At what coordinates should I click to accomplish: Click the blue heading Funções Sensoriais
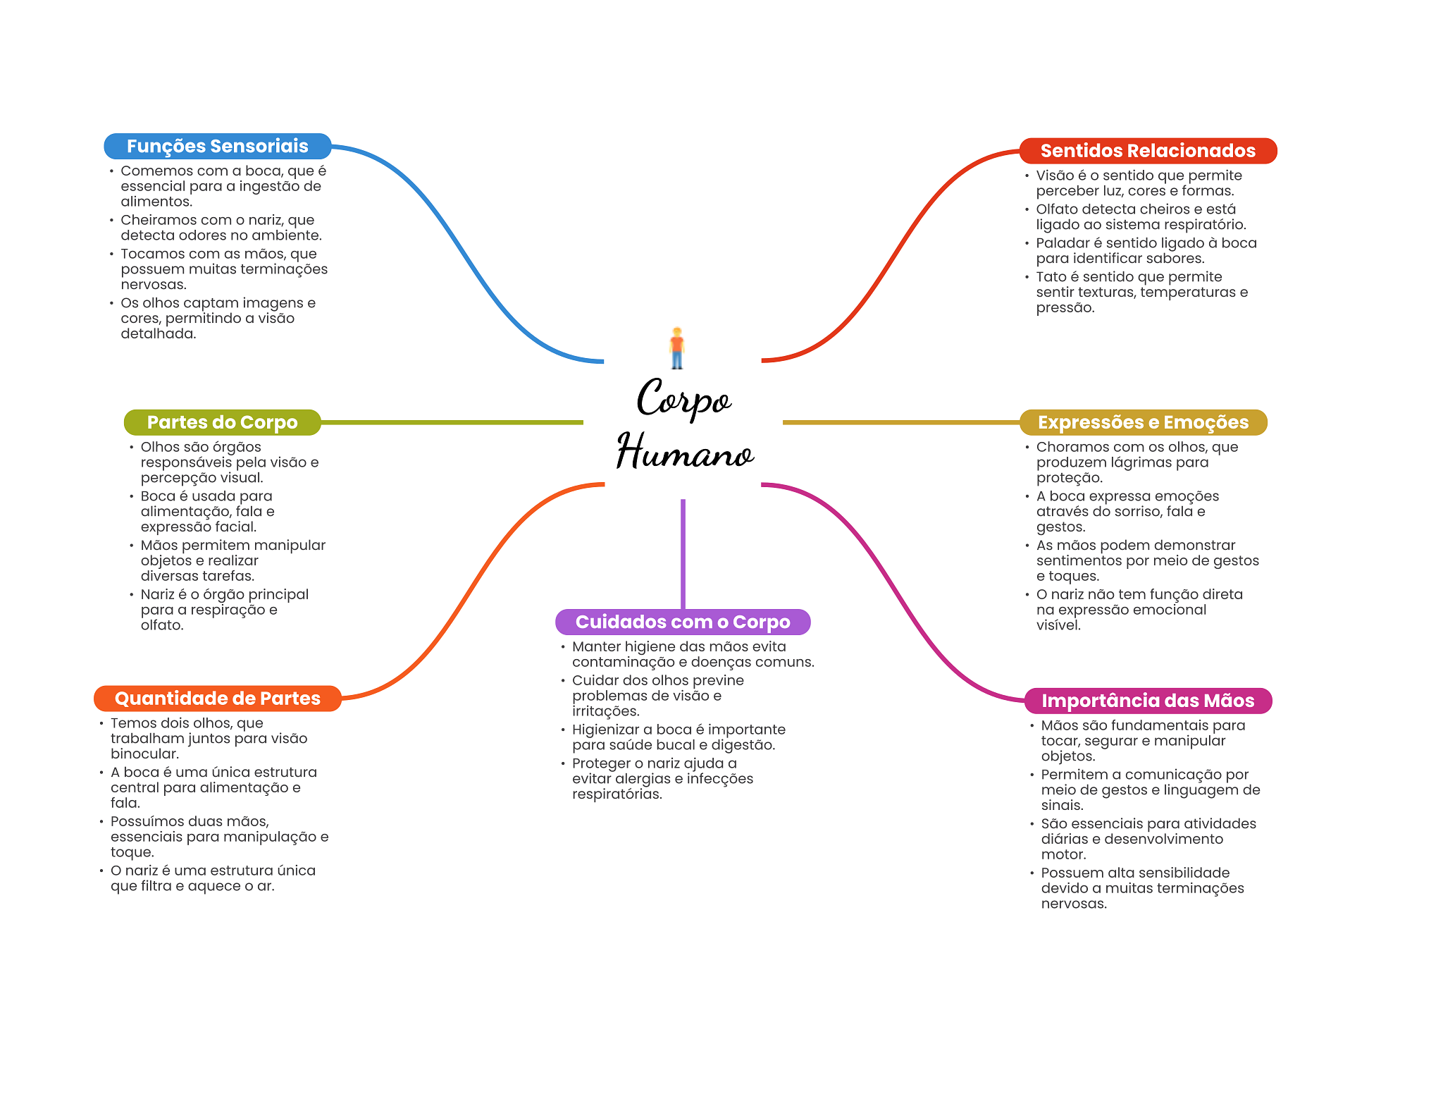(x=217, y=146)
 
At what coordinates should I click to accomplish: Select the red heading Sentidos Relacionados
(x=1148, y=151)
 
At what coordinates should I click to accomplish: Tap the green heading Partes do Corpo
(x=222, y=422)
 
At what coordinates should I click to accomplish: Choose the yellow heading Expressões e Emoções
(x=1143, y=422)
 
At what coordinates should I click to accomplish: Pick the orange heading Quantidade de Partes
(x=217, y=699)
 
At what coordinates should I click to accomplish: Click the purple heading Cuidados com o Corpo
(x=683, y=622)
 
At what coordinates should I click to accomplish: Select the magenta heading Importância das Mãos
(x=1148, y=701)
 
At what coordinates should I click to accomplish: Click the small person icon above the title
(x=677, y=348)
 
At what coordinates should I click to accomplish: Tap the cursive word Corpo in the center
(x=684, y=398)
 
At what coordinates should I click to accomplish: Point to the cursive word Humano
(x=685, y=451)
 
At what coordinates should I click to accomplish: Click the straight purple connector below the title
(x=683, y=554)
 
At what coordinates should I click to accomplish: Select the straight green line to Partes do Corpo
(x=452, y=422)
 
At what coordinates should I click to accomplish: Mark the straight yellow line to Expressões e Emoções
(x=901, y=422)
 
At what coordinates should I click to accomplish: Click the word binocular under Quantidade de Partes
(x=144, y=754)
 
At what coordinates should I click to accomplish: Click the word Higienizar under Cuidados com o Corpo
(x=605, y=730)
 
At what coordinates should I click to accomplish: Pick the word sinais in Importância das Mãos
(x=1062, y=805)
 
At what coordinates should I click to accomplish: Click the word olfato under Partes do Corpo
(x=161, y=625)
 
